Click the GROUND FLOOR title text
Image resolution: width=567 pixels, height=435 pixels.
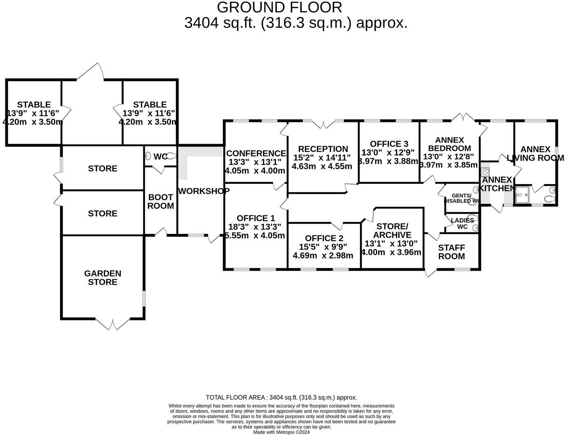coord(279,7)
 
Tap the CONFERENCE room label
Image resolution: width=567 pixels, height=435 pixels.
coord(256,153)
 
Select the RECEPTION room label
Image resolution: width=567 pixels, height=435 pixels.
coord(323,149)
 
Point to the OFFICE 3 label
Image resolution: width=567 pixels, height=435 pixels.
coord(389,144)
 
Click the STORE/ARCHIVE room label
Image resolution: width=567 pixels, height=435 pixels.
coord(392,231)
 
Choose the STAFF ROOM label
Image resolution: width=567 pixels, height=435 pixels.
coord(451,252)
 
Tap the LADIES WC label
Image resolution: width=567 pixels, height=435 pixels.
coord(462,223)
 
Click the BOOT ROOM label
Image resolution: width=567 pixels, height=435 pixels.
coord(160,201)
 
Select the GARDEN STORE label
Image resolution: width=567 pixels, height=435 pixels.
coord(103,278)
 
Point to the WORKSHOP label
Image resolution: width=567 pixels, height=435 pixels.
coord(204,191)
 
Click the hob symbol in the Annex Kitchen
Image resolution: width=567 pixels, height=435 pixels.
coord(485,172)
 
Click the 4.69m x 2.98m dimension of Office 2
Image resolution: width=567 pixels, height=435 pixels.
coord(323,255)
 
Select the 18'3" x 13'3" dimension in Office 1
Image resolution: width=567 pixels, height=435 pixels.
coord(254,227)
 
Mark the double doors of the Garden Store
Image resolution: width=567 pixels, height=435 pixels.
coord(112,323)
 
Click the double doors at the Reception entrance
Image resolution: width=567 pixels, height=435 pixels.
coord(323,124)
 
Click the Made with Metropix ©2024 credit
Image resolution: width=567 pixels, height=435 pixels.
coord(281,432)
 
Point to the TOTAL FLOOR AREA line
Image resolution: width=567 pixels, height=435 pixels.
coord(281,398)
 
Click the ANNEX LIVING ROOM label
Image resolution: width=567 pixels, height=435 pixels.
coord(535,153)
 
